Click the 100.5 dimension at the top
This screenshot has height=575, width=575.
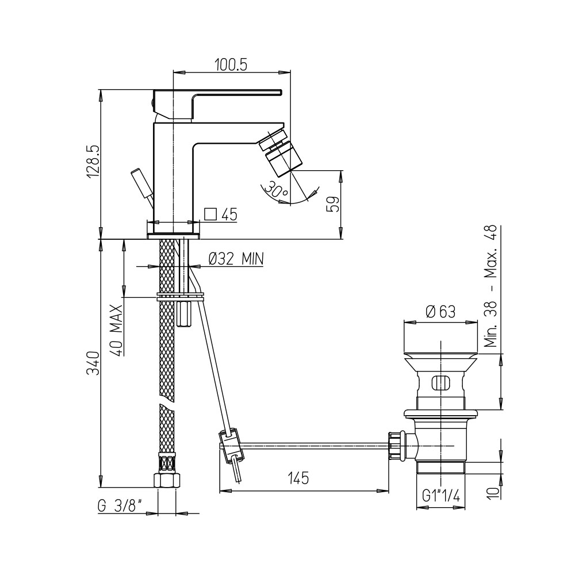pyautogui.click(x=231, y=65)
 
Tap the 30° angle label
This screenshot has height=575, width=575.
pyautogui.click(x=276, y=189)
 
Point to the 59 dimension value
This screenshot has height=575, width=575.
pyautogui.click(x=332, y=205)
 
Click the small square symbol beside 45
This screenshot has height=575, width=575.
pyautogui.click(x=210, y=214)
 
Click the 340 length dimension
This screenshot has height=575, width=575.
pyautogui.click(x=93, y=363)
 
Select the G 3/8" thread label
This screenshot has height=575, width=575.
pyautogui.click(x=120, y=507)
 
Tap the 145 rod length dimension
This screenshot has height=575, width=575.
pyautogui.click(x=298, y=478)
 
